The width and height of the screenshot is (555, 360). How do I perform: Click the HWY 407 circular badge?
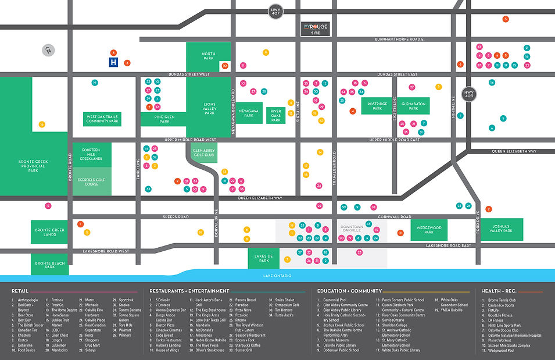[275, 10]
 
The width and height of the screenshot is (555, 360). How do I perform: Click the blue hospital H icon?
[114, 62]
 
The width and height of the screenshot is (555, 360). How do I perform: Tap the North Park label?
[209, 56]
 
